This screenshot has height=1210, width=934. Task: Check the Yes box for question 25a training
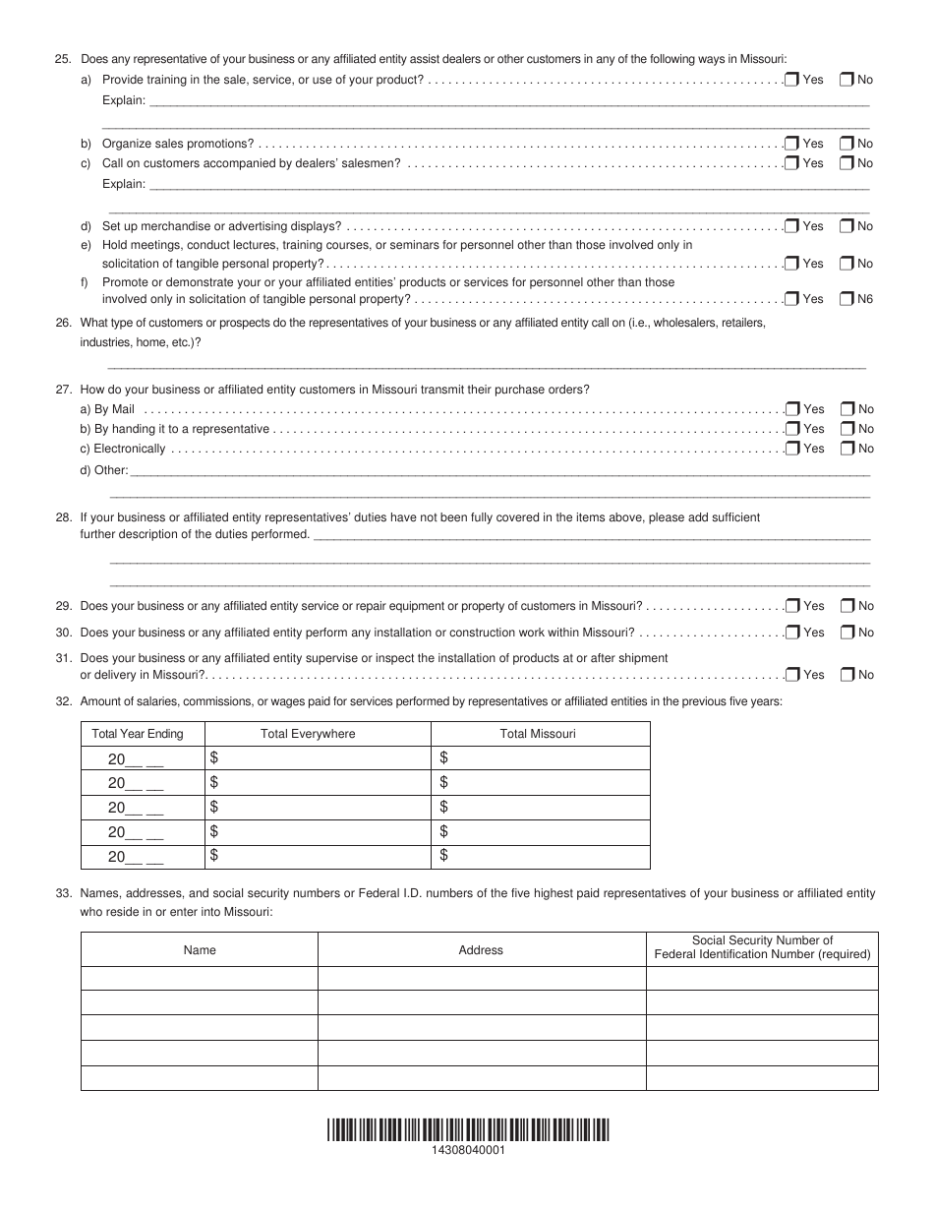point(791,80)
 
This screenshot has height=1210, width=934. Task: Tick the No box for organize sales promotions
point(846,144)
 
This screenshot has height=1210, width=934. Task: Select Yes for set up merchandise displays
point(791,226)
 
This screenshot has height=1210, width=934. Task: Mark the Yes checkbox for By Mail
point(791,409)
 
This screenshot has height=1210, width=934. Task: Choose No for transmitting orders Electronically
point(846,449)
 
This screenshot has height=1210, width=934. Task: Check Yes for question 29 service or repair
point(791,606)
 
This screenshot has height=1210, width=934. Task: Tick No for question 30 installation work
point(846,633)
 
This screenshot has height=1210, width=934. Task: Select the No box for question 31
point(846,675)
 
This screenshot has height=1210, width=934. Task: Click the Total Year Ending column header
point(138,734)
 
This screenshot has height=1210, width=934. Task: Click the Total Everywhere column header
point(308,734)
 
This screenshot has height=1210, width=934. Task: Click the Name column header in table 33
point(200,950)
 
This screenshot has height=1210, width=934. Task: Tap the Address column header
point(481,950)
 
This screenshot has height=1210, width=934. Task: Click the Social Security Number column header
point(762,947)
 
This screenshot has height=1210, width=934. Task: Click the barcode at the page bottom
point(467,1129)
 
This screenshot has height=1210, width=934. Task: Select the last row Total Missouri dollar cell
point(540,857)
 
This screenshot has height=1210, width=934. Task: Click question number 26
point(64,323)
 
